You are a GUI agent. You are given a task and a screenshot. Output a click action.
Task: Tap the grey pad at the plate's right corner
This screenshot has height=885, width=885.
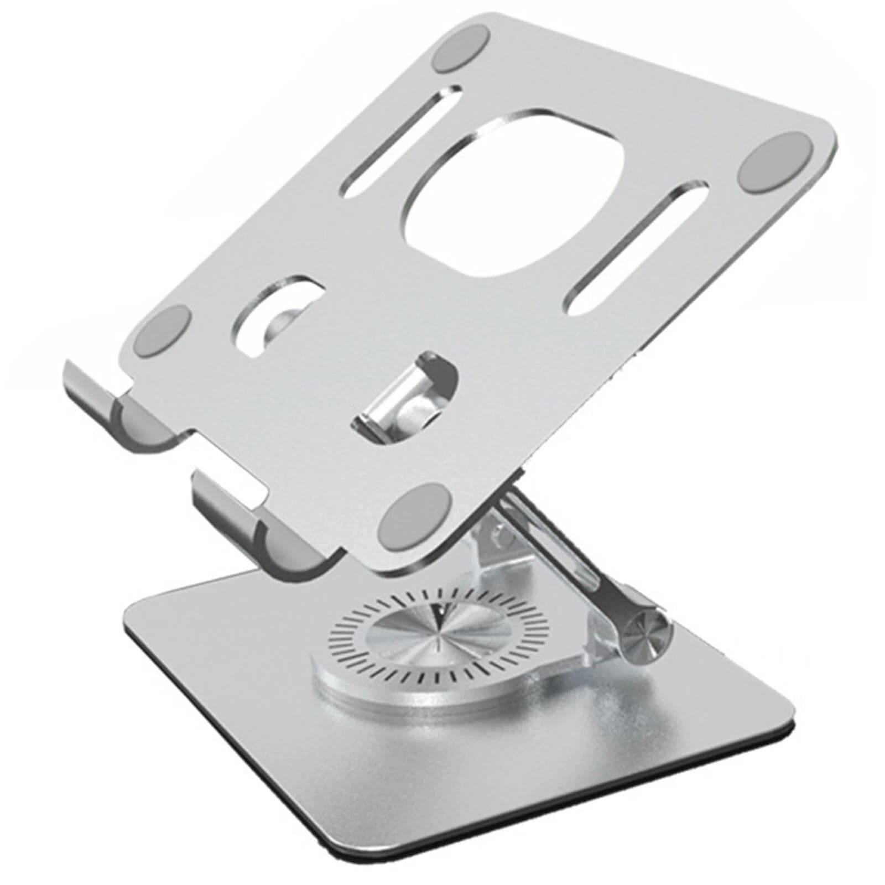775,163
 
